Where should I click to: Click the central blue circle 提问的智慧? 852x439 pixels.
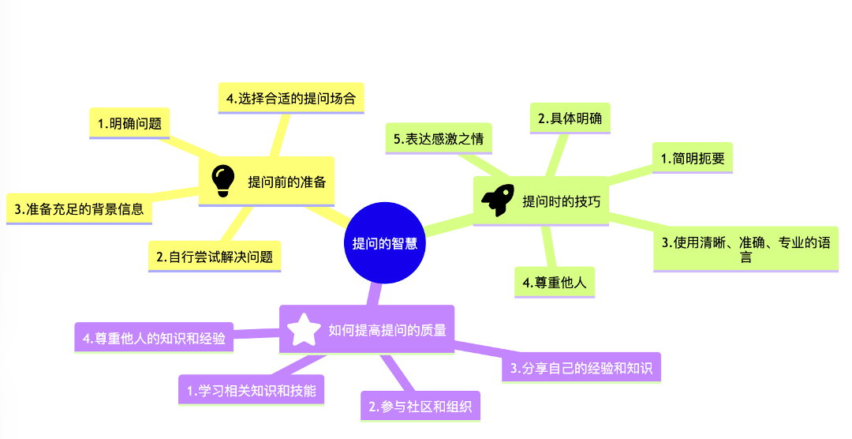(x=385, y=242)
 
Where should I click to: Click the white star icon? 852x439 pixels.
(x=304, y=330)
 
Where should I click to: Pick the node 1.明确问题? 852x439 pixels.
(x=129, y=123)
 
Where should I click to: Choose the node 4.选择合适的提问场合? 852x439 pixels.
(x=290, y=98)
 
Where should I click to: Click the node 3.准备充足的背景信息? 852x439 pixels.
(x=79, y=209)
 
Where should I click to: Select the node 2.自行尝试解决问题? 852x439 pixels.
(x=215, y=257)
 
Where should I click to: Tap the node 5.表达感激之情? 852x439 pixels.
(x=439, y=139)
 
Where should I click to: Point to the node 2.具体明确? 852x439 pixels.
(x=570, y=118)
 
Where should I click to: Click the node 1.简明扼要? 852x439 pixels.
(x=692, y=157)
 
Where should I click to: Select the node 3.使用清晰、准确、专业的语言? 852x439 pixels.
(x=745, y=249)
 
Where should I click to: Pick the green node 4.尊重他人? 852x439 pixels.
(x=555, y=282)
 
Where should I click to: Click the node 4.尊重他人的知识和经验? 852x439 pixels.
(x=154, y=338)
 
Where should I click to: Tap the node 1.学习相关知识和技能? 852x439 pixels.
(x=251, y=389)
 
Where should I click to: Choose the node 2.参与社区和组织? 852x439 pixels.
(x=420, y=407)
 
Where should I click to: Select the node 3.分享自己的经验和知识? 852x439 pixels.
(x=581, y=367)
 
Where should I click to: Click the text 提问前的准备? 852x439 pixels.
(x=286, y=182)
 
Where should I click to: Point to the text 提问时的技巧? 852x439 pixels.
(x=561, y=201)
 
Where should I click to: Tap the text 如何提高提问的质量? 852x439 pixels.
(x=387, y=330)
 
